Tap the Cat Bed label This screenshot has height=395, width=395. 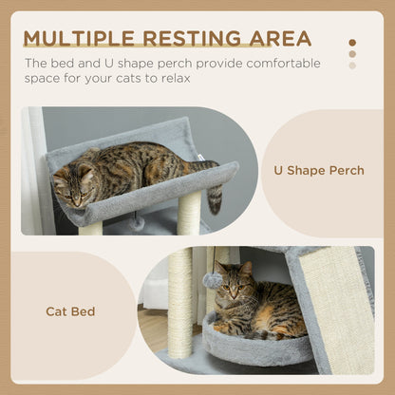[69, 310]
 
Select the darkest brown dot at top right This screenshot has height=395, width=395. [352, 43]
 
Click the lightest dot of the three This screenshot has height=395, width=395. [352, 66]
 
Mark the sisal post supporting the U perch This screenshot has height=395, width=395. [188, 214]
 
